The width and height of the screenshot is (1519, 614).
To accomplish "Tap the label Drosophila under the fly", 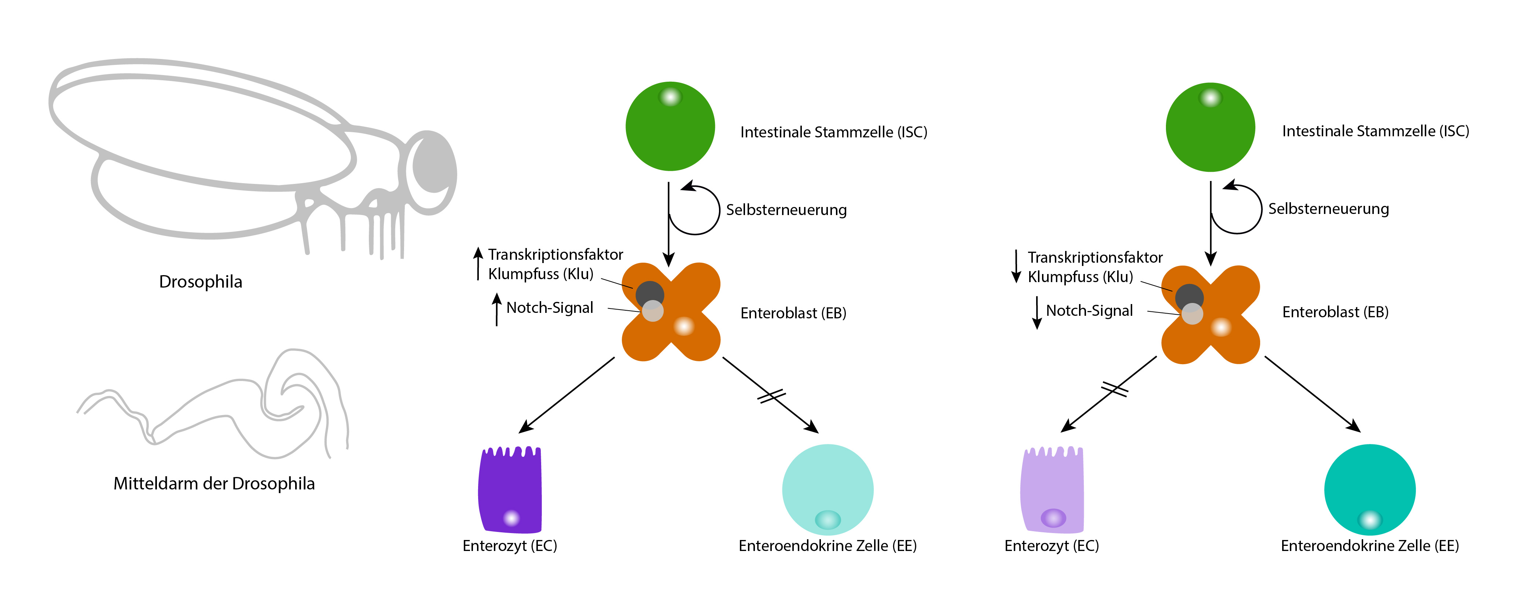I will tap(201, 282).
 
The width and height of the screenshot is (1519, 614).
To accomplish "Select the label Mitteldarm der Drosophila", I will tap(214, 484).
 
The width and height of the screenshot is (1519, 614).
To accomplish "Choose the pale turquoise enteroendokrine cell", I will tap(827, 489).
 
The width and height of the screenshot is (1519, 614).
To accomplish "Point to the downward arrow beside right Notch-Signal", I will tap(1036, 312).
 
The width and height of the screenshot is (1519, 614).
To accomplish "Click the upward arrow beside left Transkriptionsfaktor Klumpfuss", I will tap(478, 263).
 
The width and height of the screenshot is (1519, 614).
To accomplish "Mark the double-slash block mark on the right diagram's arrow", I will tap(1115, 389).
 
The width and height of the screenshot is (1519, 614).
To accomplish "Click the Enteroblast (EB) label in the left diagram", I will tap(793, 313).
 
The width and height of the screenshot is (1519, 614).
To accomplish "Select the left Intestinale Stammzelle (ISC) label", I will tap(833, 132).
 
